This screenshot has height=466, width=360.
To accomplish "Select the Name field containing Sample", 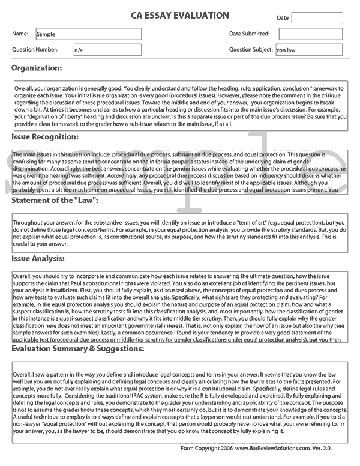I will pyautogui.click(x=88, y=34).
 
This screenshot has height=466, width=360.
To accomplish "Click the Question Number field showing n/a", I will pyautogui.click(x=106, y=50).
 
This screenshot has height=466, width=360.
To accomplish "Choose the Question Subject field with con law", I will pyautogui.click(x=308, y=50).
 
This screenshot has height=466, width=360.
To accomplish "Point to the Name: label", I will pyautogui.click(x=20, y=34).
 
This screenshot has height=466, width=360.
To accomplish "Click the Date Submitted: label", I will pyautogui.click(x=249, y=34).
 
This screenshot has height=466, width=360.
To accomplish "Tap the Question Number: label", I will pyautogui.click(x=35, y=49).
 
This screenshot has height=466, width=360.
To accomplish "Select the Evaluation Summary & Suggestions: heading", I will pyautogui.click(x=79, y=348).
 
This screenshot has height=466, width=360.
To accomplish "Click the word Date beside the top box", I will pyautogui.click(x=283, y=18).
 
